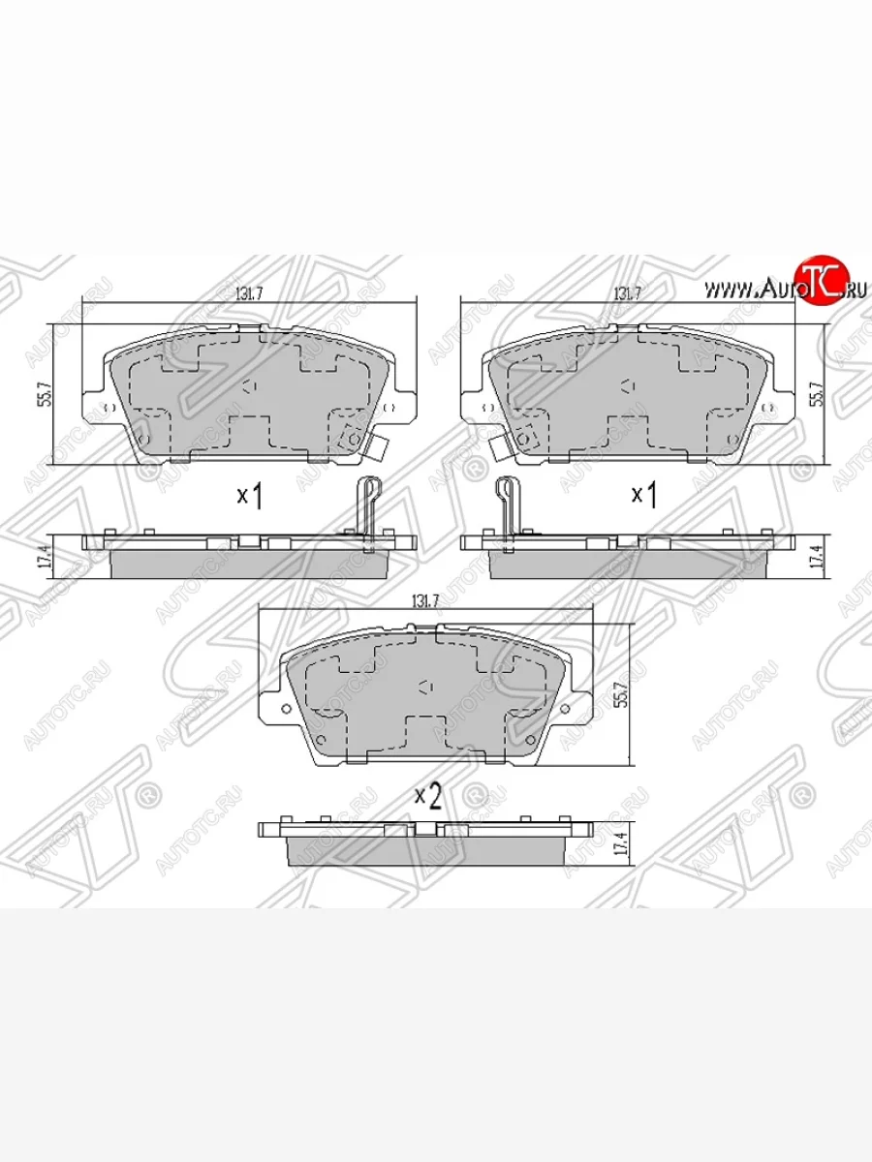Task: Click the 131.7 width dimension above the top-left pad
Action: pos(250,293)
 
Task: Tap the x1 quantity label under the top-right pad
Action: pos(644,496)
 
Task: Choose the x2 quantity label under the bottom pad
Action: pos(428,797)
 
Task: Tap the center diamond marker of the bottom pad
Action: pos(424,686)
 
